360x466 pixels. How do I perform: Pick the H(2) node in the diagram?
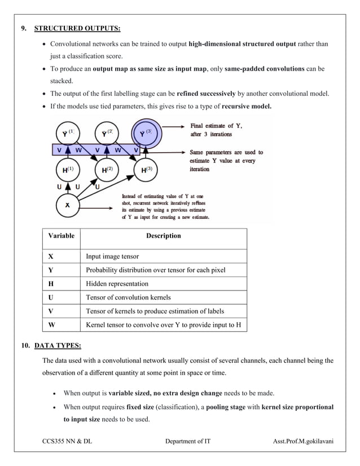tap(106, 169)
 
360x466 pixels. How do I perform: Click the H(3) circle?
tap(144, 169)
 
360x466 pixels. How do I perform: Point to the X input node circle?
tap(67, 205)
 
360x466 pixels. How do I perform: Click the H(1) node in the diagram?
tap(67, 169)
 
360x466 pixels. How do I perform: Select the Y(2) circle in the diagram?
tap(106, 134)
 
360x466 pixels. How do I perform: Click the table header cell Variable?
tap(61, 236)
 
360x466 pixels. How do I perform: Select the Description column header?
tap(163, 236)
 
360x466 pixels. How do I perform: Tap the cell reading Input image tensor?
tap(112, 256)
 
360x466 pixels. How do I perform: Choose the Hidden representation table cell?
tap(117, 284)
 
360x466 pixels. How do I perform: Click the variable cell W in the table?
tap(52, 325)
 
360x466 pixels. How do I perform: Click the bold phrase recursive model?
tap(247, 105)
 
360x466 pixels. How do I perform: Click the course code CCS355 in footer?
tap(57, 441)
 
